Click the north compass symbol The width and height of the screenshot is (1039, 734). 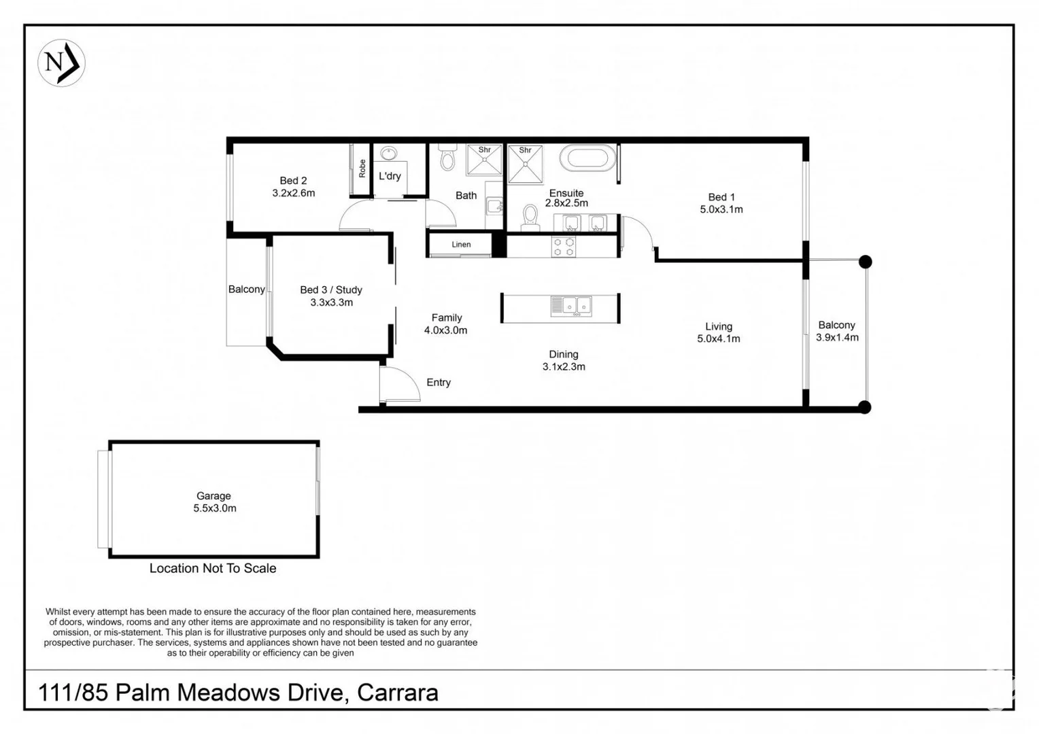click(x=61, y=63)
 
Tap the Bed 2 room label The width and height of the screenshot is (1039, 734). click(x=293, y=181)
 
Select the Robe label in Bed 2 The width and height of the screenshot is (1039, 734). click(x=362, y=169)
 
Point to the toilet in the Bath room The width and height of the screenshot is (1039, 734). click(x=447, y=157)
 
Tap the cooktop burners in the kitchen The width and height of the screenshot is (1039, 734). click(x=564, y=247)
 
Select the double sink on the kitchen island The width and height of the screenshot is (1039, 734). click(x=571, y=306)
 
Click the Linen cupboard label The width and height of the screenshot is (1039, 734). click(x=461, y=245)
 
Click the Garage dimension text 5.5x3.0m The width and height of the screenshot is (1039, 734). click(x=215, y=508)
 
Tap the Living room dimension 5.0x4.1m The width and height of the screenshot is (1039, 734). click(x=719, y=338)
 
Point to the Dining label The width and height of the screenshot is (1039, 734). click(x=564, y=354)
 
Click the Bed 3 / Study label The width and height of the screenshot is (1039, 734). click(x=331, y=290)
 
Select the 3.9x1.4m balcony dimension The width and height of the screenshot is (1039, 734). click(x=837, y=338)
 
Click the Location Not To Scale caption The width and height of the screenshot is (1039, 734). click(x=213, y=568)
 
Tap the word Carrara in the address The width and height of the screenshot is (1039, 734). click(x=398, y=693)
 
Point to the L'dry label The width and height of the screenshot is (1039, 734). click(x=390, y=176)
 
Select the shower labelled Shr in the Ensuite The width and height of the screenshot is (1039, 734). click(x=525, y=164)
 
